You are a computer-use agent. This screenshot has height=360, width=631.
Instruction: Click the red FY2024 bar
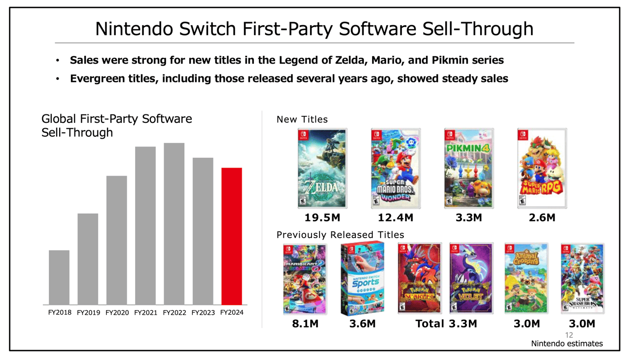coord(232,236)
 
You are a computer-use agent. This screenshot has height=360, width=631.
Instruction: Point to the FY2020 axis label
coord(117,313)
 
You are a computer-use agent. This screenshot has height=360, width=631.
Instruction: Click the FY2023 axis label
coord(203,313)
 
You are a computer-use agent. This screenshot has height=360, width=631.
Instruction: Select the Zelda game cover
coord(322,168)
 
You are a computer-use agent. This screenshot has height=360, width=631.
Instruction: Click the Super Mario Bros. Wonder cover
coord(395,168)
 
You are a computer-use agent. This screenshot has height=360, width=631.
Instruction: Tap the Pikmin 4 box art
coord(469,168)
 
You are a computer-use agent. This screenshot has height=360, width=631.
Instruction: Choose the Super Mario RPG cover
coord(542,168)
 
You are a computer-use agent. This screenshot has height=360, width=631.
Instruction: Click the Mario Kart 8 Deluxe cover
coord(305,279)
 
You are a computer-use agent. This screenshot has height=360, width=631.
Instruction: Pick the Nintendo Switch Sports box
coord(362,279)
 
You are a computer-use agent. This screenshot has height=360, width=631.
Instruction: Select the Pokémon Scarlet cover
coord(420,279)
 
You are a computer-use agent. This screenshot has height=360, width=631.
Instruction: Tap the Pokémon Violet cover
coord(471,279)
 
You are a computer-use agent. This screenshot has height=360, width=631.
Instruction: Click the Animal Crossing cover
coord(526,279)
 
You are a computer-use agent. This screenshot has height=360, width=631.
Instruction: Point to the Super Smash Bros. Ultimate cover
coord(583,279)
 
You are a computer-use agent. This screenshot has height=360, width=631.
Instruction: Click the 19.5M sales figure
coord(322,217)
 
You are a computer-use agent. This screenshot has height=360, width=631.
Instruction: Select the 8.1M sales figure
coord(305,324)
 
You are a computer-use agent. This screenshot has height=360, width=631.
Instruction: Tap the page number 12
coord(569,335)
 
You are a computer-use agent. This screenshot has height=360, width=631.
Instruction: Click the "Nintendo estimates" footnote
coord(566,344)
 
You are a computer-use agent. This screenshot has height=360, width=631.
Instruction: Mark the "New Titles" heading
coord(302,119)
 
